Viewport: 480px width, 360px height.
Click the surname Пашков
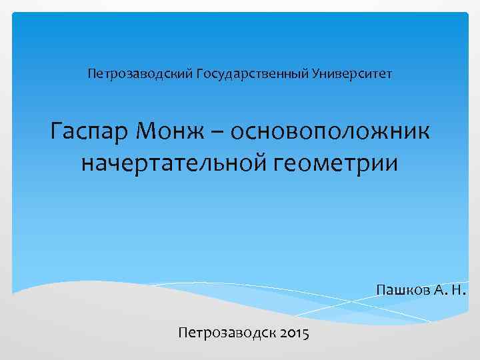400,291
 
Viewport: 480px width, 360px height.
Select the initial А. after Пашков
437,291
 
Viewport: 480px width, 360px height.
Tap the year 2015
292,331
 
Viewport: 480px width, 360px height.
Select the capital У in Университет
315,71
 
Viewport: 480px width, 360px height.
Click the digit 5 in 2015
305,332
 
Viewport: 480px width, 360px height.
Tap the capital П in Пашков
381,291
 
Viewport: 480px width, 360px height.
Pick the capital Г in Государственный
200,71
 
